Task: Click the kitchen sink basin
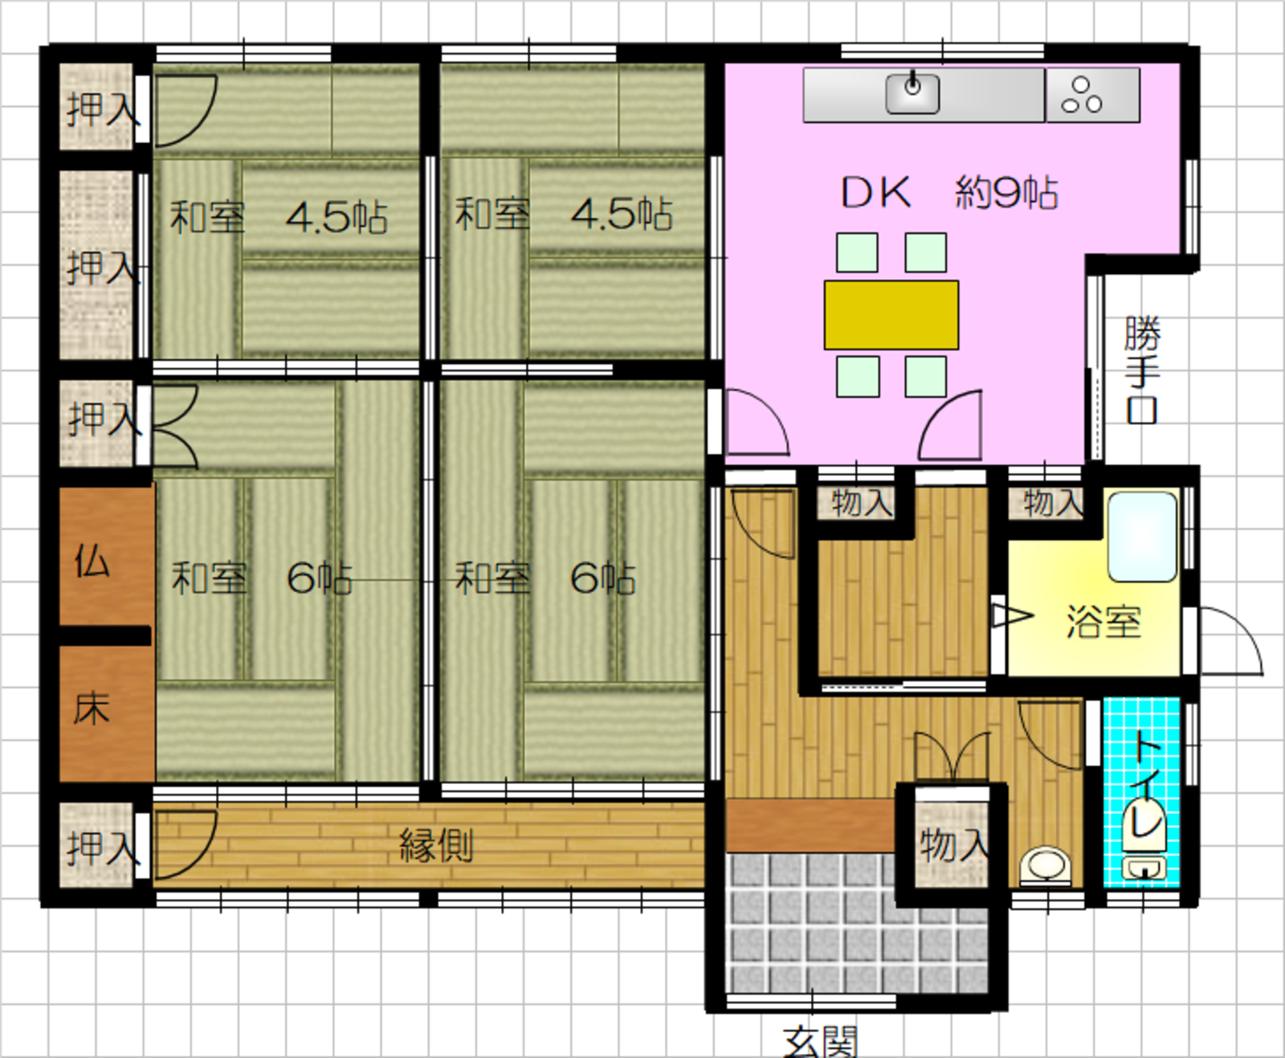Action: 912,94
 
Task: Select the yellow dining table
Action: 891,315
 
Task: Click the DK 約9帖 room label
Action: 949,193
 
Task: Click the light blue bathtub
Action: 1142,537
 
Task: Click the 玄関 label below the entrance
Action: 820,1041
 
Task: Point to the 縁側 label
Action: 436,845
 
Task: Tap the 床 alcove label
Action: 92,709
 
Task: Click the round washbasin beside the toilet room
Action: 1046,865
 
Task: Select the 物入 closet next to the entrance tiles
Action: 953,844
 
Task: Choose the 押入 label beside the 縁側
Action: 103,848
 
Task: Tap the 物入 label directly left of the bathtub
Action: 1052,504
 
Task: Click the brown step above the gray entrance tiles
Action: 810,826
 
